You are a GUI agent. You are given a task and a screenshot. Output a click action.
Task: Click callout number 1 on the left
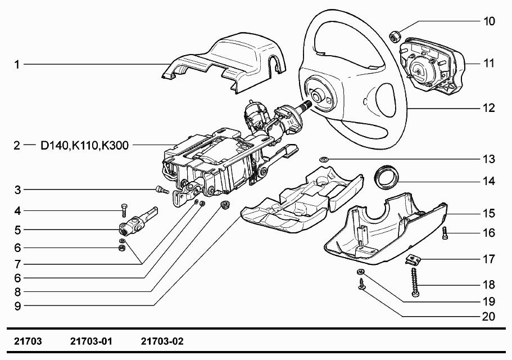(x=17, y=65)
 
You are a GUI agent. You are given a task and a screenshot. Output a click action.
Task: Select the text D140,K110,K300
(x=84, y=146)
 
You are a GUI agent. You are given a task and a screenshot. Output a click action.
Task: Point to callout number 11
(x=489, y=63)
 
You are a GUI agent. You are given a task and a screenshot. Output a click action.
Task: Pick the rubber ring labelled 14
(x=387, y=175)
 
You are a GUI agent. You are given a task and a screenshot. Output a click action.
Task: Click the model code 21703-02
(x=162, y=341)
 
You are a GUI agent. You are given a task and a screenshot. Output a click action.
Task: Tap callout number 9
(x=17, y=306)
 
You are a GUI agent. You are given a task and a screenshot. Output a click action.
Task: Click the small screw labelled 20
(x=361, y=286)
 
